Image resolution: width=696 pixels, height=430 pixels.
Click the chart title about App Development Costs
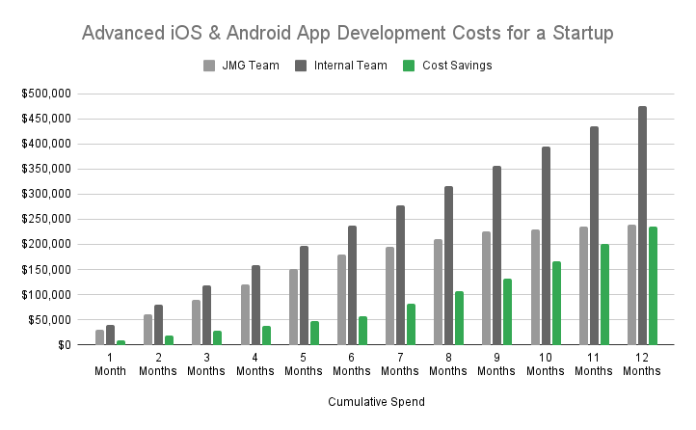348,33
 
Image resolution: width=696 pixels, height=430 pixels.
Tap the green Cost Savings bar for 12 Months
653,285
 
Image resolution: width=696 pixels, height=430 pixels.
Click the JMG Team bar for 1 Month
100,336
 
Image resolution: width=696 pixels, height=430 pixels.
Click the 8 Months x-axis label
448,363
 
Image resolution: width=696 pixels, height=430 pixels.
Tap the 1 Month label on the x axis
110,363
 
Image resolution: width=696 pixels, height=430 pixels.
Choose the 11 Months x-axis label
594,363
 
